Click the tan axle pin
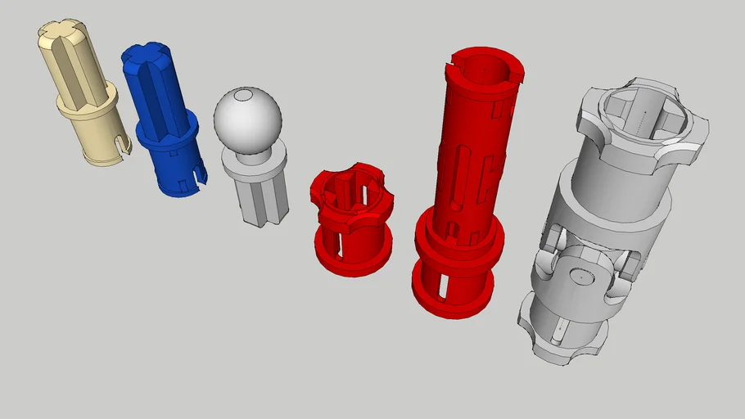pyautogui.click(x=79, y=94)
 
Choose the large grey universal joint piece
pyautogui.click(x=606, y=221)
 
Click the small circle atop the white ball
pyautogui.click(x=244, y=95)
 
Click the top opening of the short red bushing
pyautogui.click(x=347, y=188)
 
